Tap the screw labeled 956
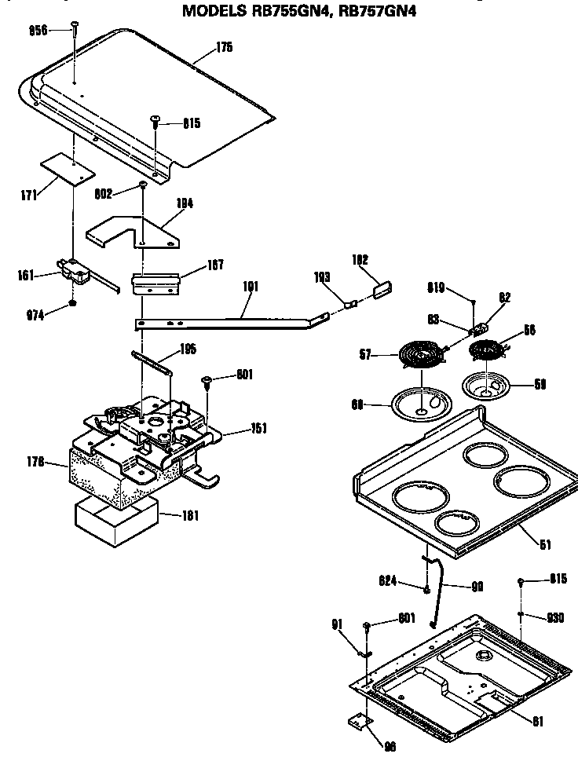(73, 29)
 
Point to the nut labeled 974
(73, 303)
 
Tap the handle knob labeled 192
(381, 287)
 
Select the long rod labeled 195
(152, 360)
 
